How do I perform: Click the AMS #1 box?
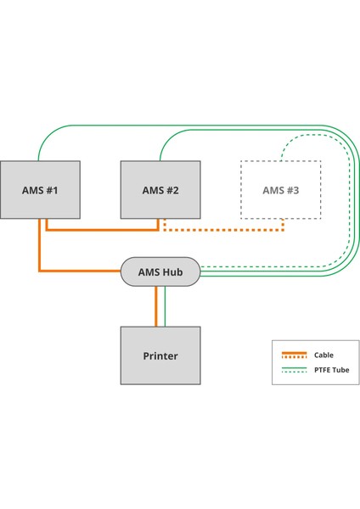(x=40, y=190)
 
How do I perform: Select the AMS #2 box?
(x=160, y=190)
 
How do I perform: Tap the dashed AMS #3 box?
(x=280, y=190)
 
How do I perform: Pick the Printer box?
(x=160, y=355)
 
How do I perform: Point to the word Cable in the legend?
(x=323, y=355)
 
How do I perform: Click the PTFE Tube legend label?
(x=330, y=370)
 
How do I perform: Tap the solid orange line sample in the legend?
(x=294, y=355)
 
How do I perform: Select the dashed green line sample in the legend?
(x=294, y=372)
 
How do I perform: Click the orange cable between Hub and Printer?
(x=156, y=306)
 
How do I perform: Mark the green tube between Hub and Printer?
(x=165, y=306)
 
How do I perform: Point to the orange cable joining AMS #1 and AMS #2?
(x=102, y=229)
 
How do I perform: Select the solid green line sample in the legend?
(x=294, y=367)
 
